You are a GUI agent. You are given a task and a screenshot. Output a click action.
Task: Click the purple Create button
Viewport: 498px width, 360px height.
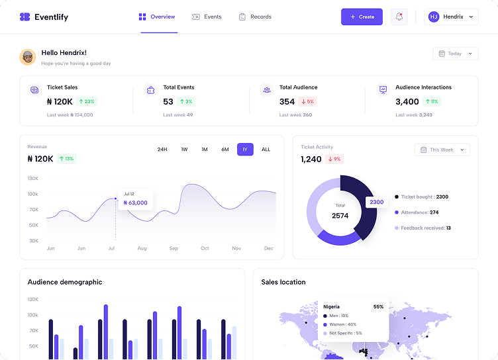click(362, 17)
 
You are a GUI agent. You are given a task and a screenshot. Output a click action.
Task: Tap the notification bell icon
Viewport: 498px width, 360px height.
click(399, 17)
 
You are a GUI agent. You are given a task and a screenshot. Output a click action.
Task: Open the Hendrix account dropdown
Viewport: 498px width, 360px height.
click(451, 17)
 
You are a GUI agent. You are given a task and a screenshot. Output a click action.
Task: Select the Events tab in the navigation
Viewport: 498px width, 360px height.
click(207, 17)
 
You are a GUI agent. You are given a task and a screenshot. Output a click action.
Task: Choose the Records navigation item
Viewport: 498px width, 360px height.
click(255, 17)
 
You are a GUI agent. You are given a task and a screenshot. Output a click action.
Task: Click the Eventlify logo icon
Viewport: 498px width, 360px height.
click(25, 17)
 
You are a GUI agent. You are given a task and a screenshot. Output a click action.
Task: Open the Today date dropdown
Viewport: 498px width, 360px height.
click(456, 54)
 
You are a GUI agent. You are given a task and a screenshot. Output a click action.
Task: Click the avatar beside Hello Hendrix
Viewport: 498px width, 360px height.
click(28, 57)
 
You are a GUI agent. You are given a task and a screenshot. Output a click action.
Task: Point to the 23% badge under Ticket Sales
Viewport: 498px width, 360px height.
click(86, 102)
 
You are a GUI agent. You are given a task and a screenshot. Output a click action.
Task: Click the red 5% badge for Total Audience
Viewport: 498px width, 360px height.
click(307, 102)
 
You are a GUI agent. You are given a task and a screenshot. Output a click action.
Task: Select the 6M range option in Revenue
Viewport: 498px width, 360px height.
click(225, 150)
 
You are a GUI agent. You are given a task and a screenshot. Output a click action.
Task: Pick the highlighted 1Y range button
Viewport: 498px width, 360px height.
click(245, 150)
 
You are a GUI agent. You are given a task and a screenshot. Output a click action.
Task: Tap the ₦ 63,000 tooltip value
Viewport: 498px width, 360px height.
click(135, 203)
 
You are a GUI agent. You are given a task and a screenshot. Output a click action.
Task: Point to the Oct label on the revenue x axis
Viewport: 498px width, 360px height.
click(205, 248)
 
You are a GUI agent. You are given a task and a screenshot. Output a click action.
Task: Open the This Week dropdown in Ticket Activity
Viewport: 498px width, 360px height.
click(442, 150)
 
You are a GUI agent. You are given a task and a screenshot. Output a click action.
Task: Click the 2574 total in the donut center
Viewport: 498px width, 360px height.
click(340, 216)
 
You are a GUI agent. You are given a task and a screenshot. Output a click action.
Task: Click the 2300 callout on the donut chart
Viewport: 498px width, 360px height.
click(376, 202)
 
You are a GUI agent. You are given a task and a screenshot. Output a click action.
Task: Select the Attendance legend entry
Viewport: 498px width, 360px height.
click(417, 212)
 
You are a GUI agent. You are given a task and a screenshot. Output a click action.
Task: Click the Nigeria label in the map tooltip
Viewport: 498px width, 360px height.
click(331, 306)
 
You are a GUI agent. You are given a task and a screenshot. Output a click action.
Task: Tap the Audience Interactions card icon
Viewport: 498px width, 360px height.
click(383, 90)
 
